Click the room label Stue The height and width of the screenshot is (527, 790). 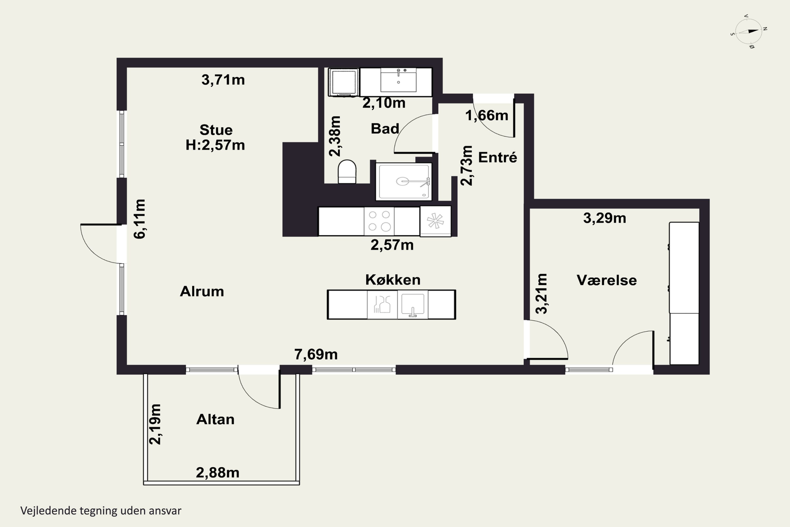[216, 130]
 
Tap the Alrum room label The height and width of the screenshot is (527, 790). [202, 291]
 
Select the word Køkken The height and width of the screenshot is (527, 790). [393, 280]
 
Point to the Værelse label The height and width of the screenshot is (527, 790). [607, 280]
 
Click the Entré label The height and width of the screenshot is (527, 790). [497, 157]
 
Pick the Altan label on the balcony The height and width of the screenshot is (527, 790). [215, 419]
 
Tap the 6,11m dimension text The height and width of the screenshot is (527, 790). [139, 219]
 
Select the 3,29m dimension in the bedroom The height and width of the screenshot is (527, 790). [605, 218]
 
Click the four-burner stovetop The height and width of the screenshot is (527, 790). [379, 221]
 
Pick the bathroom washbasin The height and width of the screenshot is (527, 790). [398, 80]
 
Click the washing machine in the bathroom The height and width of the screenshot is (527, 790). [344, 82]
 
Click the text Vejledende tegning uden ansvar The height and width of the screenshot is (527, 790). [101, 511]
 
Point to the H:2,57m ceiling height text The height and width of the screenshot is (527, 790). [215, 145]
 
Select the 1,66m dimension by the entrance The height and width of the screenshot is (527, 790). [487, 116]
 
